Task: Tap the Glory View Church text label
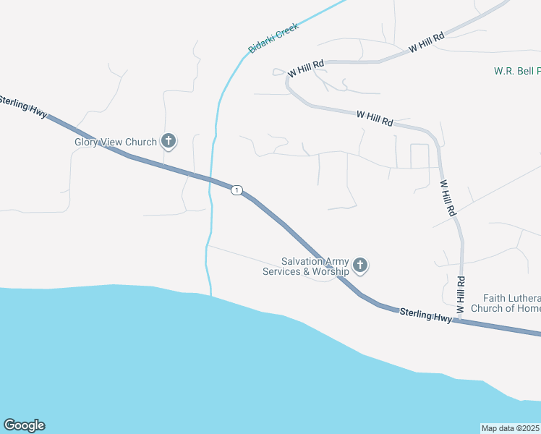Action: (x=116, y=142)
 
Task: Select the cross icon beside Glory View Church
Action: (x=169, y=141)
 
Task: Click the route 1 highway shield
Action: (x=237, y=190)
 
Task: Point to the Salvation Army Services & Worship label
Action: (x=316, y=266)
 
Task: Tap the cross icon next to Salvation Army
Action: (x=360, y=266)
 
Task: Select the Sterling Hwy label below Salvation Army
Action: (x=426, y=315)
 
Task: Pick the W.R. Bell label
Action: (x=516, y=71)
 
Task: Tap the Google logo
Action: (x=24, y=425)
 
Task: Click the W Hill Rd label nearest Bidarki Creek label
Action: (x=305, y=69)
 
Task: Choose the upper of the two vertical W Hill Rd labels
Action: (x=448, y=198)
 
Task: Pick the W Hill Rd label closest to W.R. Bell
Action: (x=425, y=42)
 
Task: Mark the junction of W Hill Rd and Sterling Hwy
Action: (x=461, y=321)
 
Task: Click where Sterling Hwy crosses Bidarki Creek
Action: (x=211, y=180)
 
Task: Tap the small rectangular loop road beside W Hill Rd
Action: (x=419, y=156)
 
